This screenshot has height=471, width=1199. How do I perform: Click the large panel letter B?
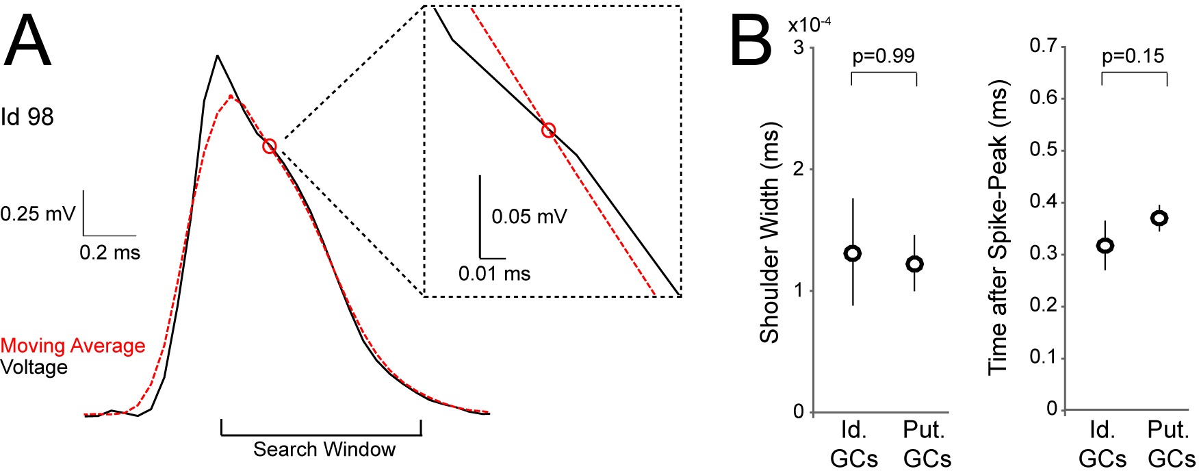pyautogui.click(x=751, y=42)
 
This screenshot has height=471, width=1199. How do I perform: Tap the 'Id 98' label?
pyautogui.click(x=27, y=117)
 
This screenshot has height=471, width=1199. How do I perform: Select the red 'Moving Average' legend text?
pyautogui.click(x=73, y=346)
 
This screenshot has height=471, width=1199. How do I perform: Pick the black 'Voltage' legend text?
pyautogui.click(x=34, y=368)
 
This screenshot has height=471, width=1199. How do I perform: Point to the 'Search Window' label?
pyautogui.click(x=324, y=449)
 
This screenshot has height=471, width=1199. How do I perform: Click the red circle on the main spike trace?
pyautogui.click(x=269, y=146)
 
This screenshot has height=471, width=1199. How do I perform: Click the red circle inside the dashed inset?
pyautogui.click(x=548, y=130)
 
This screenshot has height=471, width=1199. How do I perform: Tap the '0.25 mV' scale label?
pyautogui.click(x=38, y=214)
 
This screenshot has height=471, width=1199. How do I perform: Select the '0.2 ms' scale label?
pyautogui.click(x=109, y=253)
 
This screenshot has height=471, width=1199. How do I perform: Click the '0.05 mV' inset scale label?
pyautogui.click(x=529, y=217)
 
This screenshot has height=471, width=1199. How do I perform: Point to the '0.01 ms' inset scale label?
pyautogui.click(x=494, y=274)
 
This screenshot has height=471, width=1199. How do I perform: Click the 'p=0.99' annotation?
pyautogui.click(x=883, y=56)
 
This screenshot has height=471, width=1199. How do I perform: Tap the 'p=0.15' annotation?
pyautogui.click(x=1133, y=56)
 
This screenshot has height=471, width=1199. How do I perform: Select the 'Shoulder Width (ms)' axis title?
pyautogui.click(x=770, y=233)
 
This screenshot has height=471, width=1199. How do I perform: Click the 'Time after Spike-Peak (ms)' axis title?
pyautogui.click(x=998, y=229)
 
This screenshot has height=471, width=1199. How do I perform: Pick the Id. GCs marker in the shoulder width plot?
pyautogui.click(x=853, y=253)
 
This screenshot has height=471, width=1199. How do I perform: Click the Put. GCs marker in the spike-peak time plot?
pyautogui.click(x=1159, y=218)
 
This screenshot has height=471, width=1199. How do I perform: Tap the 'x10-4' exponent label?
pyautogui.click(x=810, y=25)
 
